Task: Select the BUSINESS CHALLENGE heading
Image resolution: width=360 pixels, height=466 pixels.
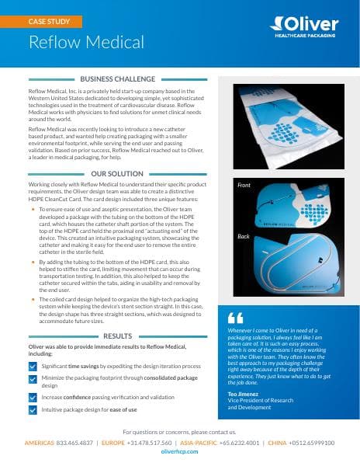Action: (x=119, y=79)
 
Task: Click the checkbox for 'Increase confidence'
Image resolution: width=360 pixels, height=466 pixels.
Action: (x=32, y=397)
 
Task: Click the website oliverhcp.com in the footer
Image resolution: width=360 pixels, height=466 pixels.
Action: (x=180, y=452)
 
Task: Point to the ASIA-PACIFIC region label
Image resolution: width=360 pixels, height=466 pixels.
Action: (x=198, y=442)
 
